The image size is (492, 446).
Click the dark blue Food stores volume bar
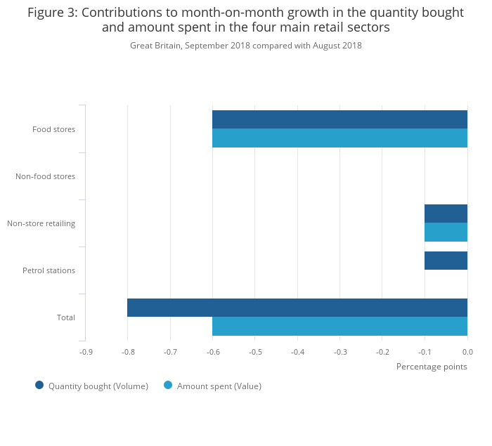[x=339, y=119]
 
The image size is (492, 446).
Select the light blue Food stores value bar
[x=339, y=138]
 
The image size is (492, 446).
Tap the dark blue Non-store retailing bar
[x=446, y=214]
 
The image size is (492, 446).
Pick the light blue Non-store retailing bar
[x=446, y=232]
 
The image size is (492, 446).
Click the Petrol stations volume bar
[x=446, y=261]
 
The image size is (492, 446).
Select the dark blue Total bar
[x=297, y=308]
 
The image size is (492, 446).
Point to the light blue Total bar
[x=339, y=326]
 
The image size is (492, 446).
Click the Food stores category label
[x=53, y=129]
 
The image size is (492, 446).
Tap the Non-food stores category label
[x=45, y=176]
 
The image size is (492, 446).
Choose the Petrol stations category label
[x=48, y=270]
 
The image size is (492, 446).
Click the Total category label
[x=65, y=317]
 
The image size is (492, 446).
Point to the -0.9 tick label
[x=85, y=352]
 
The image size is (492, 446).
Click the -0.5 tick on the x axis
[x=255, y=352]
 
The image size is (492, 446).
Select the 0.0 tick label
[x=467, y=352]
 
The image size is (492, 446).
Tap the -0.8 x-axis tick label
[x=127, y=352]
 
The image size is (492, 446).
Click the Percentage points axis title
[x=432, y=367]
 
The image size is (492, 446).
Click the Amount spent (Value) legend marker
[x=168, y=385]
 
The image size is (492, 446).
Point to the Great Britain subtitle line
[x=246, y=46]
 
